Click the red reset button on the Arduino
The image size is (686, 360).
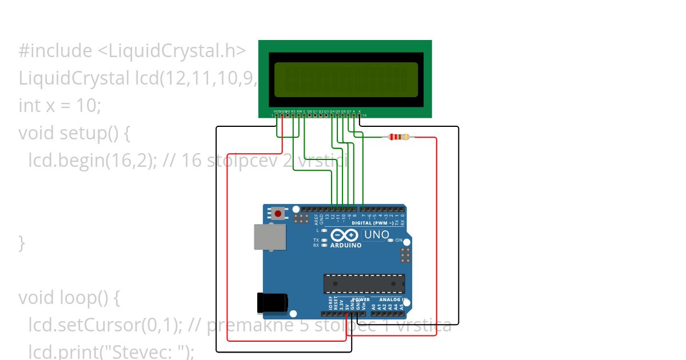(x=278, y=214)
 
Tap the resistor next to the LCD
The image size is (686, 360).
(x=398, y=137)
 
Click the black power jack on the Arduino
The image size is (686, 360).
(x=272, y=302)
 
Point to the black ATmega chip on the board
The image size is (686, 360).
(x=364, y=283)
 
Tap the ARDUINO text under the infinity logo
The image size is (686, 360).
(x=345, y=245)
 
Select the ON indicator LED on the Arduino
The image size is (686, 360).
(x=390, y=241)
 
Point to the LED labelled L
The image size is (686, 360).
(x=324, y=231)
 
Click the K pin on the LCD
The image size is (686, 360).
(x=360, y=115)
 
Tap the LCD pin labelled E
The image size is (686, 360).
(x=304, y=115)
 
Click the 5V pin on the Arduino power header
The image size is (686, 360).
(x=346, y=313)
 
